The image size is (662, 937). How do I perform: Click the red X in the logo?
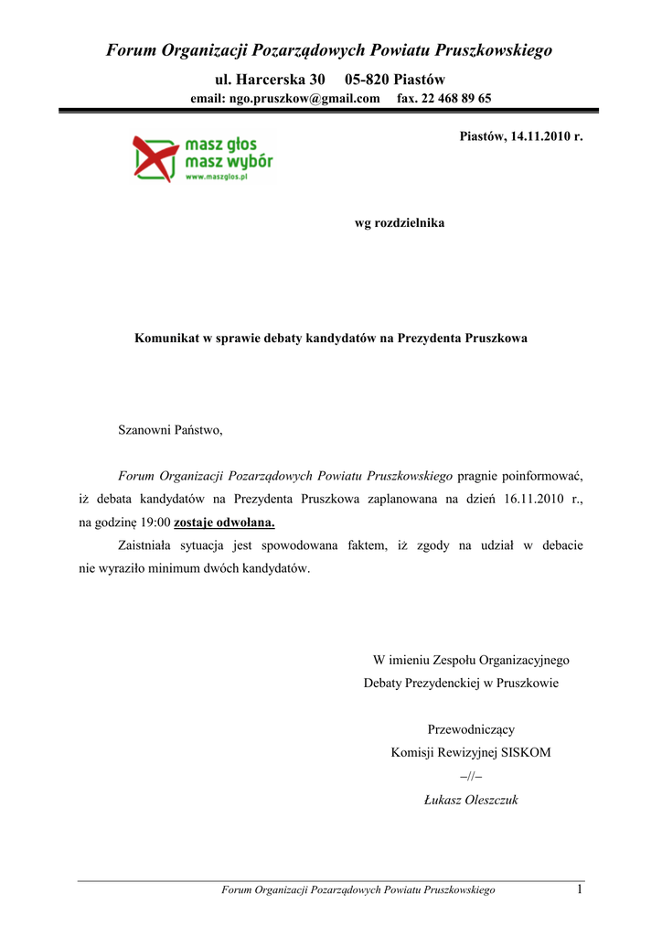pos(154,156)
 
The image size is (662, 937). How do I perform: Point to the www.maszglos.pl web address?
pos(217,178)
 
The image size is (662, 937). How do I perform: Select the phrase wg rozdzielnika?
pos(400,222)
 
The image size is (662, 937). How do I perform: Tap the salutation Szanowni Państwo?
pos(170,429)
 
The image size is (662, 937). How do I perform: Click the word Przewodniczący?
pos(471,729)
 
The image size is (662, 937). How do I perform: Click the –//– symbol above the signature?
pos(470,776)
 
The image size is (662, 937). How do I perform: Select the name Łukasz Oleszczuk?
pos(471,800)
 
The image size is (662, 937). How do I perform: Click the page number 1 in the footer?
pos(580,889)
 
